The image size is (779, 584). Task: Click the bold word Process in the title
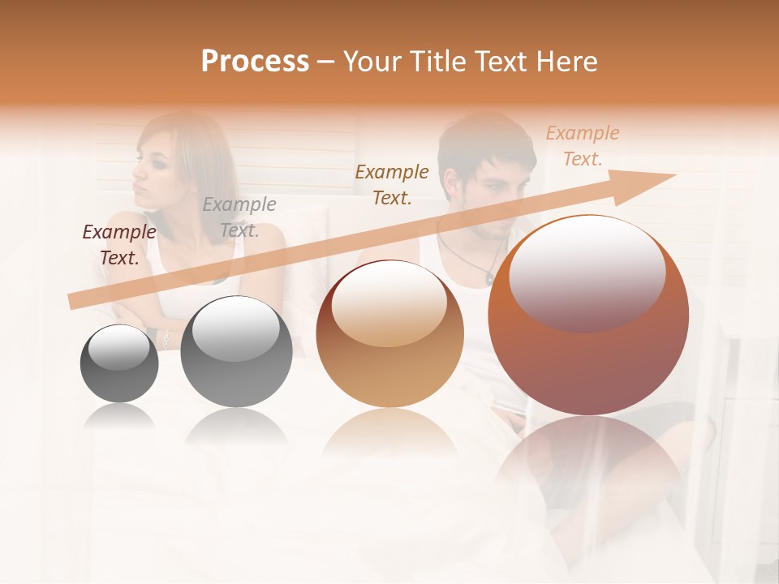(255, 62)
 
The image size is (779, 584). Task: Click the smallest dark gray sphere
(119, 363)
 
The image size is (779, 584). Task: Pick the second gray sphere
(236, 351)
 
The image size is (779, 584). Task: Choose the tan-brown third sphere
(389, 334)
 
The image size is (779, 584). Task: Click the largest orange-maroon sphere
(588, 316)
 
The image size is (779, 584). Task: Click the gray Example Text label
(239, 217)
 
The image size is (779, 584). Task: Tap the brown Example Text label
(392, 184)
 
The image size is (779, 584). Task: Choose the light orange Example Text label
(582, 146)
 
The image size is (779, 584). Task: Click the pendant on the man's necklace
(489, 278)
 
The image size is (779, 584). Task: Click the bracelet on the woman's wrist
(166, 340)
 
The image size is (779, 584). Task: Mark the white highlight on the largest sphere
(587, 272)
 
